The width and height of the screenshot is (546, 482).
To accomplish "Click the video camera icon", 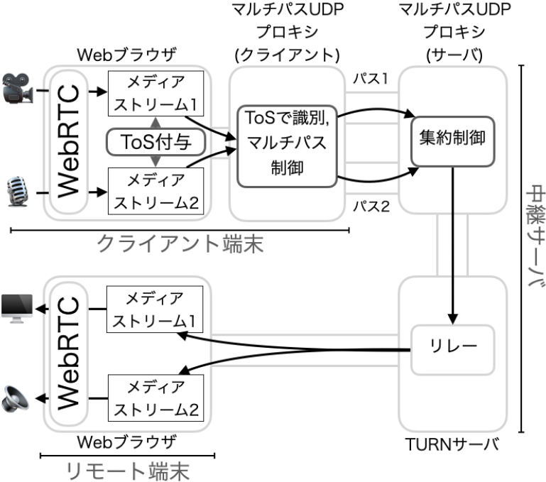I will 18,91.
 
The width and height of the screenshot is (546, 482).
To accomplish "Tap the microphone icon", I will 16,190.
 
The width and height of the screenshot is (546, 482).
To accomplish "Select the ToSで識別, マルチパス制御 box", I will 285,146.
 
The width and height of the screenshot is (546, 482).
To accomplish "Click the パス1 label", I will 371,79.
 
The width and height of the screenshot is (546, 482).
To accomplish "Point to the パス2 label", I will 371,208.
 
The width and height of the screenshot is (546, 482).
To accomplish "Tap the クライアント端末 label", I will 180,246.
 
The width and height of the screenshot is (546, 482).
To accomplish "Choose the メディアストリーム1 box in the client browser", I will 155,94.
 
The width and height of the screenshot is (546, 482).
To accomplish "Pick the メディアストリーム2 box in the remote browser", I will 155,399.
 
